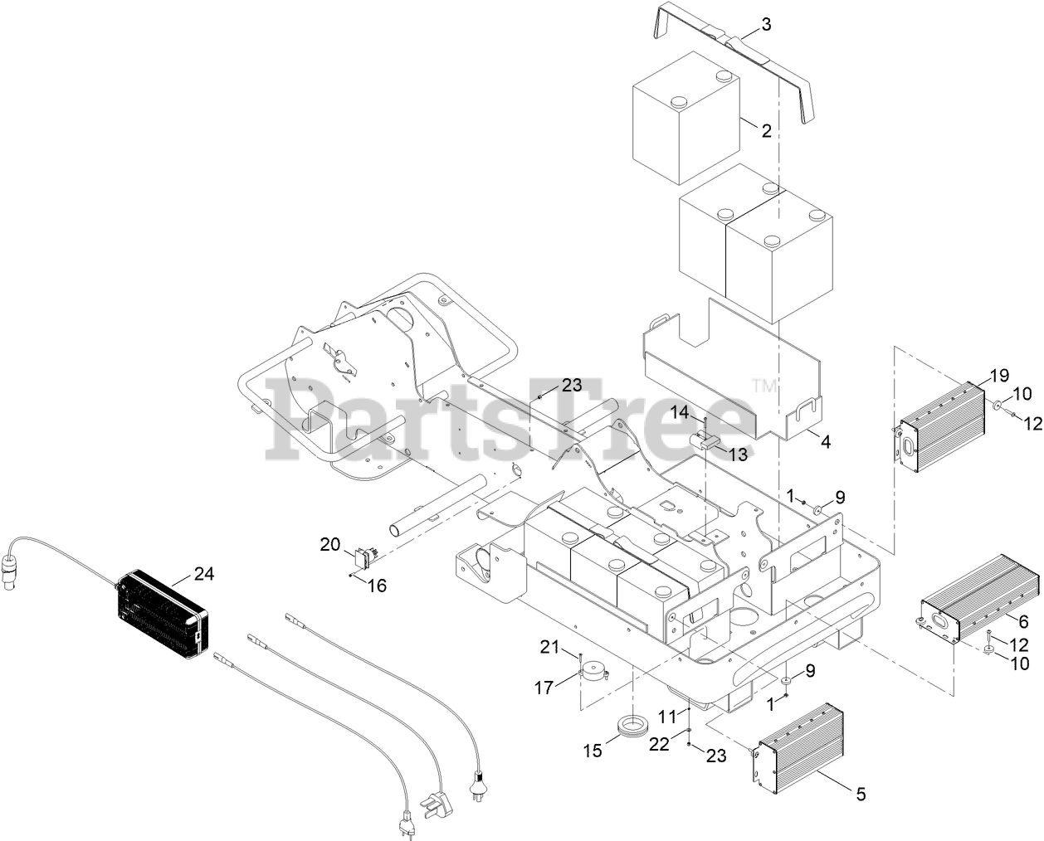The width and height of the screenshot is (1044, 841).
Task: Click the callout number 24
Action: pyautogui.click(x=203, y=572)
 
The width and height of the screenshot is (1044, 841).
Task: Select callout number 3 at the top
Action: pyautogui.click(x=765, y=25)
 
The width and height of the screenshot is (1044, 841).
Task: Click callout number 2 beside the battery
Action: pyautogui.click(x=766, y=130)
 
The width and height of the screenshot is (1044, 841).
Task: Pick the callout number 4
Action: pyautogui.click(x=825, y=442)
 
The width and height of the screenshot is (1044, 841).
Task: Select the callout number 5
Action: pyautogui.click(x=861, y=794)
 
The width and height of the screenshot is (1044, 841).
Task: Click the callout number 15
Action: pyautogui.click(x=593, y=751)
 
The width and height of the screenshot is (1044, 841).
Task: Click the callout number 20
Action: pyautogui.click(x=330, y=544)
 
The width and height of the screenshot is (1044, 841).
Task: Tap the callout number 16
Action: pyautogui.click(x=377, y=586)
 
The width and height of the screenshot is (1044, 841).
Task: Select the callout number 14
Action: pyautogui.click(x=681, y=412)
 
